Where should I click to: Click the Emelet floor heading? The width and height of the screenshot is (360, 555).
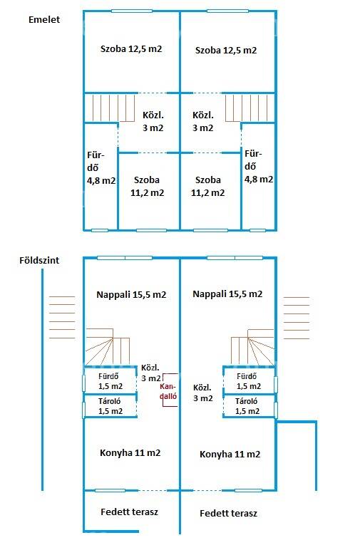[44, 19]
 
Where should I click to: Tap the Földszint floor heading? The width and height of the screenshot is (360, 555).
[39, 261]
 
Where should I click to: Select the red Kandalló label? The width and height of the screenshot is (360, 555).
[168, 391]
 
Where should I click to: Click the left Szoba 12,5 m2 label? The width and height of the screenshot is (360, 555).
[131, 49]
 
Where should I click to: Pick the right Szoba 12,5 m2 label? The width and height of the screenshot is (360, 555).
[226, 51]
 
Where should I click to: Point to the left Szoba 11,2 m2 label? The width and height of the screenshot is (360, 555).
[147, 187]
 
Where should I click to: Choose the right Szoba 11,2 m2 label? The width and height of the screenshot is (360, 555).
[207, 187]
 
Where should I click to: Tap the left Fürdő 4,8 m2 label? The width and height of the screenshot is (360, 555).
[101, 167]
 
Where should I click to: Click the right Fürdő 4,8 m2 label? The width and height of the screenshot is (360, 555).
[259, 167]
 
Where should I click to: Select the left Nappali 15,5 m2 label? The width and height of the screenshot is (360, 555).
[131, 295]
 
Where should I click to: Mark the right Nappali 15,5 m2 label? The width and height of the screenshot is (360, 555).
[227, 294]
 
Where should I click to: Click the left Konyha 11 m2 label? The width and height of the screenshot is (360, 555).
[130, 453]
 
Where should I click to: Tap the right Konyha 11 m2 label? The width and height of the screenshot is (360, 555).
[230, 455]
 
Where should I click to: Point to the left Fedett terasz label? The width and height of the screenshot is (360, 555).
[129, 512]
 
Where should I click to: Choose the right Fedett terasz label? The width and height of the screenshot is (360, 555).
[228, 513]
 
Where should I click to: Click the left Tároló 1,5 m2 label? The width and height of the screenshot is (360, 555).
[110, 406]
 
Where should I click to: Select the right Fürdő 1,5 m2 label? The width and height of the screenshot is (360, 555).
[249, 381]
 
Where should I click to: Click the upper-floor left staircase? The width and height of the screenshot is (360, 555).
[110, 108]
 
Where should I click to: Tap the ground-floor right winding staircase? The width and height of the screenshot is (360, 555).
[252, 347]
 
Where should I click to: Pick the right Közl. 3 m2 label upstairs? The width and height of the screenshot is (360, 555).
[203, 121]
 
